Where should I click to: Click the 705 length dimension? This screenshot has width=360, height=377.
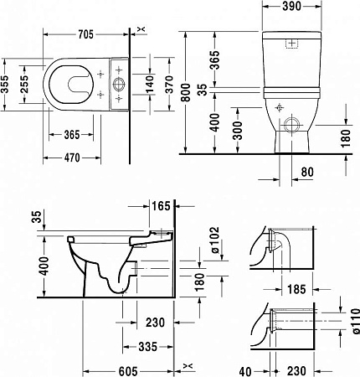point(85,34)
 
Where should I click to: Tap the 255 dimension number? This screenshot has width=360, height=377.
point(24,85)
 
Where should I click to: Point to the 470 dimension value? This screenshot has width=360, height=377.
point(72,158)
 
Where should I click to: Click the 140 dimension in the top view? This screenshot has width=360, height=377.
point(150,85)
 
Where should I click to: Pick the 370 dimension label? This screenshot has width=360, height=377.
point(169,85)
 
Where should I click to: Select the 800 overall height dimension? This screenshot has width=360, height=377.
point(186,93)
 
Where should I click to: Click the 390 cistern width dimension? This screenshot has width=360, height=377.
point(292,6)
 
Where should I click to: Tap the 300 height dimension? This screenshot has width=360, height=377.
point(238,131)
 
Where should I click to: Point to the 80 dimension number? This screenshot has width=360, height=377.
point(307,172)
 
